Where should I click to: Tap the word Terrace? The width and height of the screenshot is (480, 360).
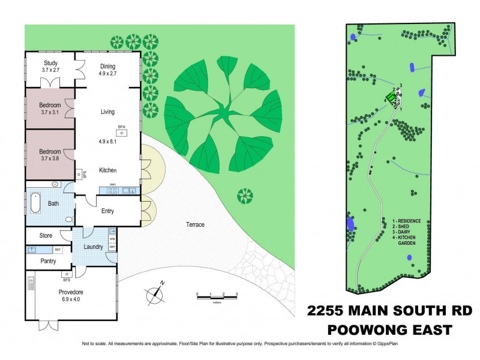pyautogui.click(x=195, y=225)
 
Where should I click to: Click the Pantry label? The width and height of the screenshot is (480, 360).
pyautogui.click(x=47, y=261)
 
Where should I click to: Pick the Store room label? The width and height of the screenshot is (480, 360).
pyautogui.click(x=47, y=235)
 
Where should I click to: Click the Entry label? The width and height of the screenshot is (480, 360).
pyautogui.click(x=107, y=211)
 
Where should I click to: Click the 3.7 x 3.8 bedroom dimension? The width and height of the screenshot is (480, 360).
pyautogui.click(x=50, y=158)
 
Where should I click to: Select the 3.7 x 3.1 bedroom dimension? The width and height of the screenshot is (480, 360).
pyautogui.click(x=50, y=112)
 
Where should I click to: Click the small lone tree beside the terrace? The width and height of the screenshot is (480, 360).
pyautogui.click(x=245, y=196)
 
